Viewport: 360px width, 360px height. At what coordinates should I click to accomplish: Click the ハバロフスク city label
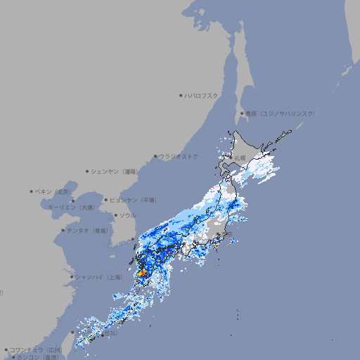coord(202,95)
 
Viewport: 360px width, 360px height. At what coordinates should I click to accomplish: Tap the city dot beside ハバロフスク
coord(181,95)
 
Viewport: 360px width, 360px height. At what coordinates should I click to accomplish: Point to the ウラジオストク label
coord(179,156)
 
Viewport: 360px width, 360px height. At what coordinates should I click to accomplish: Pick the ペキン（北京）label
coord(53,191)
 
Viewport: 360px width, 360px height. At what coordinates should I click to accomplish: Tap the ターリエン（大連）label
coord(71,207)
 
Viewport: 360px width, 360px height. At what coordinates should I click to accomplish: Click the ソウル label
coord(127,215)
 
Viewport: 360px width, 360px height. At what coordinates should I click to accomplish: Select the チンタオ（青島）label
coord(88,230)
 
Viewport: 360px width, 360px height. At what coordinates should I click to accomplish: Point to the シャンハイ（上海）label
coord(99,277)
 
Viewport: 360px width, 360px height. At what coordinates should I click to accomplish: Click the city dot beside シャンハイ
coord(72,277)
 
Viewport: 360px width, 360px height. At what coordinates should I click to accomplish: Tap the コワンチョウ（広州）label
coord(36,349)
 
